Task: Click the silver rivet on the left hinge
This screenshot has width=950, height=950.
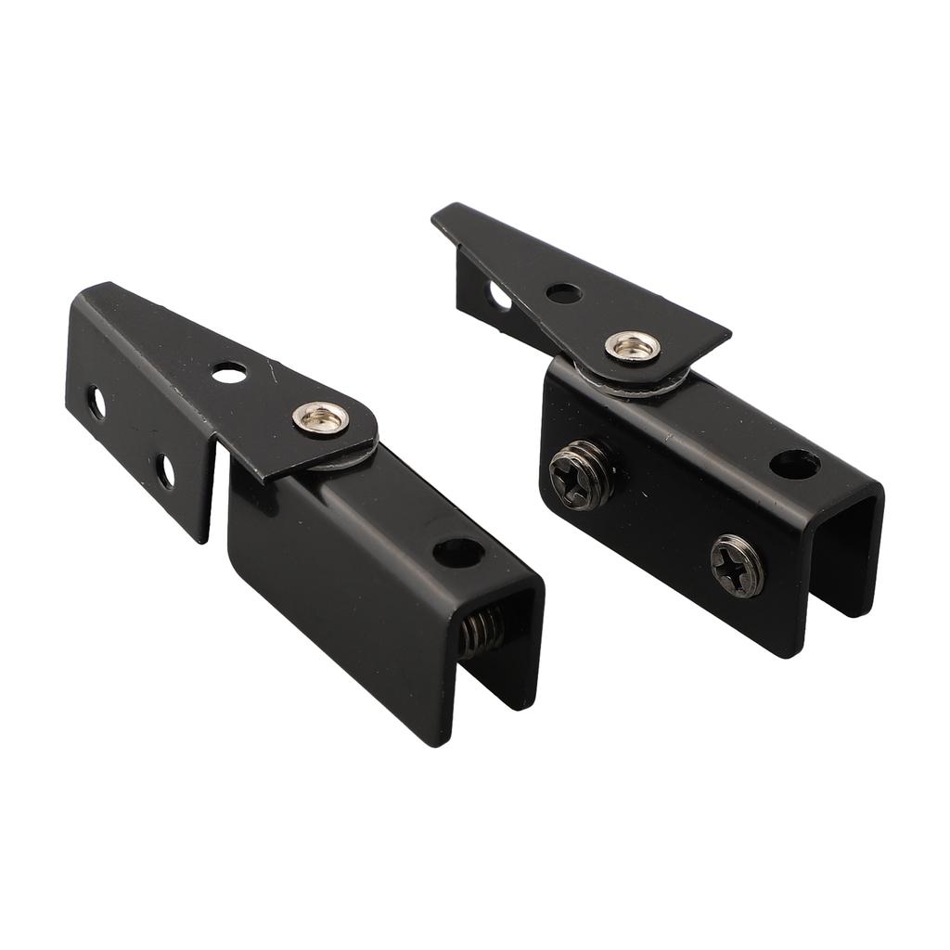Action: (321, 418)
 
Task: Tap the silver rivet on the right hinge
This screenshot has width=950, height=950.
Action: (633, 347)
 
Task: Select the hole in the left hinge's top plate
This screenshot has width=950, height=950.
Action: (229, 373)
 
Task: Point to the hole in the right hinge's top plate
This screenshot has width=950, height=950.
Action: (563, 293)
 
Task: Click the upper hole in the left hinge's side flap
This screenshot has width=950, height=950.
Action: (96, 403)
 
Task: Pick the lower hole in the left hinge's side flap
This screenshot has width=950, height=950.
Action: (165, 471)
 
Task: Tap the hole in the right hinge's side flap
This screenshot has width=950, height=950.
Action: (499, 297)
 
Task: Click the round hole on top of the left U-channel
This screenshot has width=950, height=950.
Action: (458, 553)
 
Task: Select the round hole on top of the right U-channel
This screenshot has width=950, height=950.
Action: (794, 464)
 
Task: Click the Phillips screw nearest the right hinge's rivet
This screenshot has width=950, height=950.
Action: (582, 474)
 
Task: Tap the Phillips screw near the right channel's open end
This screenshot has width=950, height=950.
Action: (738, 566)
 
